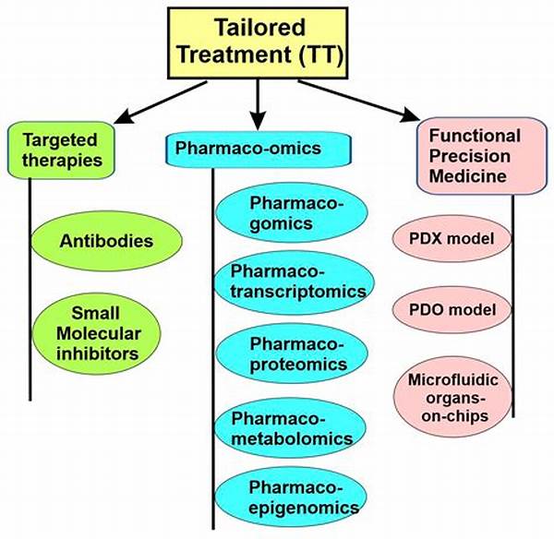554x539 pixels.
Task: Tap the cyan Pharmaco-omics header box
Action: [x=259, y=148]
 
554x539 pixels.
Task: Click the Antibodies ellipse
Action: [x=105, y=242]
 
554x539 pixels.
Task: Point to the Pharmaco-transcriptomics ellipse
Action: [x=295, y=281]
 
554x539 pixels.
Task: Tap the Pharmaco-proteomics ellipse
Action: [x=295, y=354]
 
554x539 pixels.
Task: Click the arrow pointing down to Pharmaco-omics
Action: [x=259, y=103]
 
